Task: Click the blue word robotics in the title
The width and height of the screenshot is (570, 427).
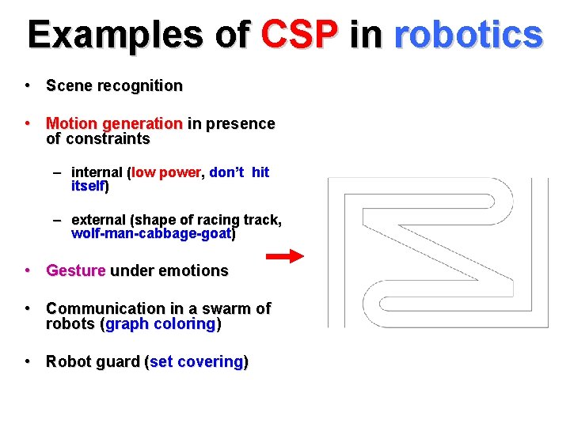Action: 468,35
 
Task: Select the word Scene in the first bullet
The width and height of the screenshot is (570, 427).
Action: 69,85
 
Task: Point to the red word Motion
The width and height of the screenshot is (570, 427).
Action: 71,123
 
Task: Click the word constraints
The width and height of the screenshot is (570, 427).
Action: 107,139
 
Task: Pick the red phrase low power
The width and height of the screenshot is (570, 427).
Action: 167,172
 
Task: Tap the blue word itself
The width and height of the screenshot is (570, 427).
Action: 87,187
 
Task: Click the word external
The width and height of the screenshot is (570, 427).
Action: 99,219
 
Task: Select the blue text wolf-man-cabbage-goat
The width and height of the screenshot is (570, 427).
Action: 151,234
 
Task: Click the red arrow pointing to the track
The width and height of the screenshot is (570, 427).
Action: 283,255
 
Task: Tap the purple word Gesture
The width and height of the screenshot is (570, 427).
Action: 75,270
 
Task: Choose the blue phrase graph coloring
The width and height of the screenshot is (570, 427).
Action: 160,324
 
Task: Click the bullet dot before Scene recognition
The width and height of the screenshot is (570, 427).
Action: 27,85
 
